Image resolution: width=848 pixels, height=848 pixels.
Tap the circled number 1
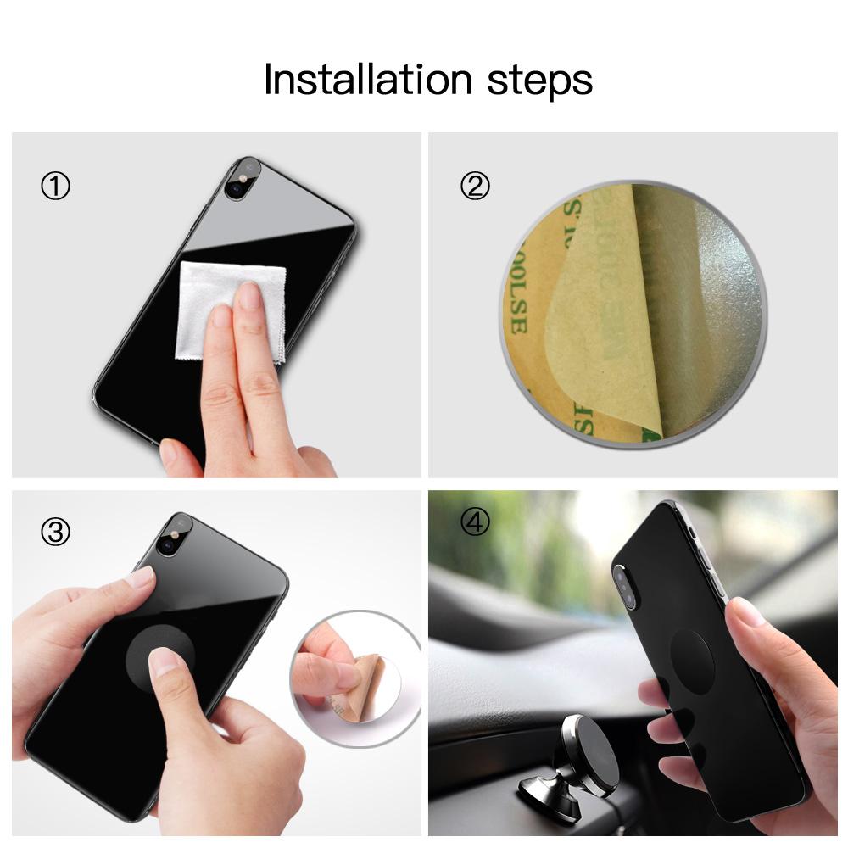tap(56, 186)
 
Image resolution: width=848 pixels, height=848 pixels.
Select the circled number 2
tap(475, 186)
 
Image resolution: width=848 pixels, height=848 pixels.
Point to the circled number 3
tap(56, 533)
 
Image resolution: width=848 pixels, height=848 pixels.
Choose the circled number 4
tap(475, 523)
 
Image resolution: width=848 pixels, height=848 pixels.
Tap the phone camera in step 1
tap(238, 176)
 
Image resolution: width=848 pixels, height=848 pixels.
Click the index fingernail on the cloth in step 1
tap(248, 295)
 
